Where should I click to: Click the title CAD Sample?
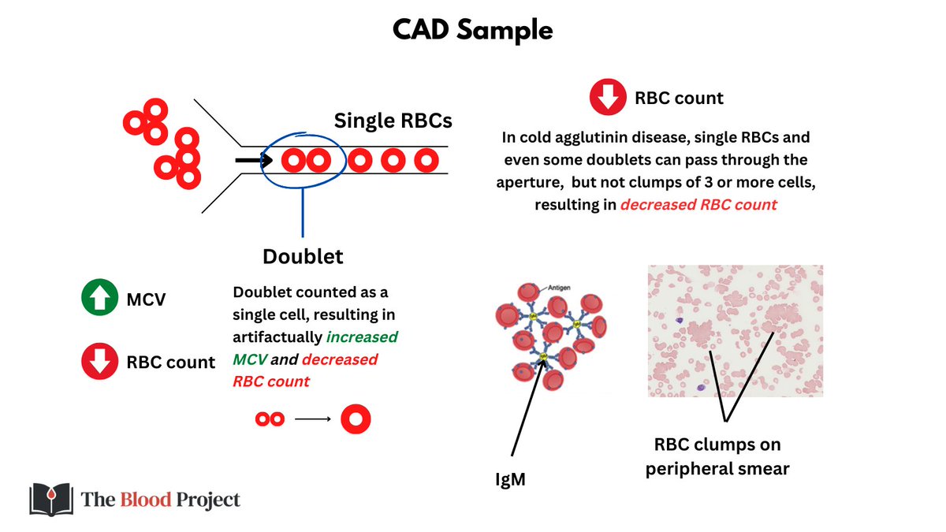pyautogui.click(x=472, y=31)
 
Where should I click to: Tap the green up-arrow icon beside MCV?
pyautogui.click(x=97, y=299)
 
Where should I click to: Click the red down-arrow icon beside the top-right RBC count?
pyautogui.click(x=608, y=99)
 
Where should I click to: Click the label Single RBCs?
pyautogui.click(x=393, y=121)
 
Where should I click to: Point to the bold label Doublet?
pyautogui.click(x=303, y=257)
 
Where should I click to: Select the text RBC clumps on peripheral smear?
pyautogui.click(x=717, y=456)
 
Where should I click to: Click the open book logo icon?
pyautogui.click(x=51, y=499)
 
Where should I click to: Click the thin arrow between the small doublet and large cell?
pyautogui.click(x=312, y=419)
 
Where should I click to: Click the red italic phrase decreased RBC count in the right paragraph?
pyautogui.click(x=698, y=205)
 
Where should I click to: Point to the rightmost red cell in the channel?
pyautogui.click(x=426, y=161)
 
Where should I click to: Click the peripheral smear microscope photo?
pyautogui.click(x=735, y=330)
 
